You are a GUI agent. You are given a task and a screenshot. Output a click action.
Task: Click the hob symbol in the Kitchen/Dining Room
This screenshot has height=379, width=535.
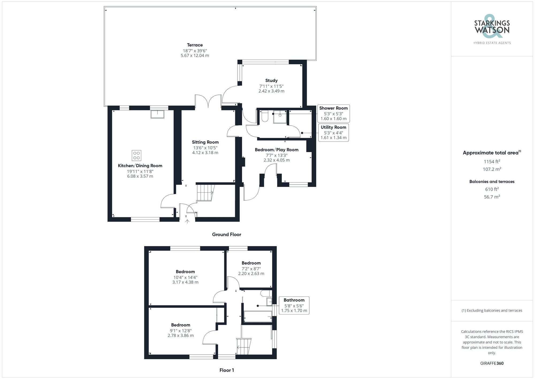coord(136,155)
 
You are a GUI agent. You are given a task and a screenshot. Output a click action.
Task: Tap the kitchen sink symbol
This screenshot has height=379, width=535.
coord(157,114)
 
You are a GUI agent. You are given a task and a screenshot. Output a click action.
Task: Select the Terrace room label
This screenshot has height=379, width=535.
coord(195,45)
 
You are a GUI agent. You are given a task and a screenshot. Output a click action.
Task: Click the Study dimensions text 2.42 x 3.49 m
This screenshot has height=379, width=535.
coord(271,91)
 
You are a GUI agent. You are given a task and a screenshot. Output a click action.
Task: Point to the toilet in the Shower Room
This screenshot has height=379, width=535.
coord(265,117)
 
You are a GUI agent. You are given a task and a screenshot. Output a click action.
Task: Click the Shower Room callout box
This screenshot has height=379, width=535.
coord(333,113)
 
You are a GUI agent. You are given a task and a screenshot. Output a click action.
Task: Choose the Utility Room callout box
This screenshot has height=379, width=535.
coord(333,132)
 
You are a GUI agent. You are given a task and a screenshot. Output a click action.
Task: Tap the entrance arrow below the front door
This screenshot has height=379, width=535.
coord(187,221)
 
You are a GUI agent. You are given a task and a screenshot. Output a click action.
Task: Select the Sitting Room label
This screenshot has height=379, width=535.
coord(205,142)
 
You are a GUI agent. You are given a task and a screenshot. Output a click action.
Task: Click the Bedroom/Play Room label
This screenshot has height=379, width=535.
coord(277,150)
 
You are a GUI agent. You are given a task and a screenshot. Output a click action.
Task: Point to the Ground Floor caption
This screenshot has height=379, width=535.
coord(227,234)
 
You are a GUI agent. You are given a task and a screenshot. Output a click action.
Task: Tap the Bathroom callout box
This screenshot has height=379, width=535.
coord(294,305)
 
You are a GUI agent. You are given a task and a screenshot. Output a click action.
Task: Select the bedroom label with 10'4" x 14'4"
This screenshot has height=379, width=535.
coord(185,272)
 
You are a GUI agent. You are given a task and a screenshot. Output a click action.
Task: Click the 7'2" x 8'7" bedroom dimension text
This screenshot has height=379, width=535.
coord(251,269)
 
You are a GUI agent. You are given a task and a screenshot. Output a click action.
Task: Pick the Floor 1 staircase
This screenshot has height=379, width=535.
coord(244,346)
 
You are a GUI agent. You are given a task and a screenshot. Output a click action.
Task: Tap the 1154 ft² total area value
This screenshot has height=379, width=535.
coord(492,162)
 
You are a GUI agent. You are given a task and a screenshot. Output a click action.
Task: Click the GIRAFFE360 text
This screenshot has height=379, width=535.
coord(492,363)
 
